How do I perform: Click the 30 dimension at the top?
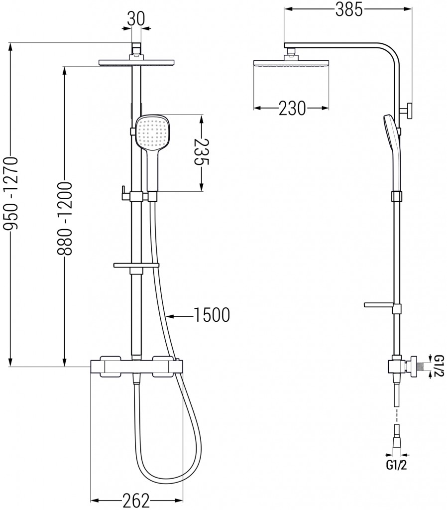[x=136, y=19]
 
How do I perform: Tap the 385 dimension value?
[x=348, y=9]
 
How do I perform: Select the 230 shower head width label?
[x=292, y=108]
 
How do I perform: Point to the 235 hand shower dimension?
[x=201, y=152]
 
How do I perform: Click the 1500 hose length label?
[x=212, y=315]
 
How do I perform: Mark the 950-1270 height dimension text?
[x=11, y=194]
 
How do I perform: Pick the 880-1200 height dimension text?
[x=64, y=218]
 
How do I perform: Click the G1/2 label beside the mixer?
[x=439, y=366]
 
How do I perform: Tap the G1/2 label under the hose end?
[x=396, y=465]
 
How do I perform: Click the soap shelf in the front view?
[x=136, y=265]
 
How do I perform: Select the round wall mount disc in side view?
[x=410, y=111]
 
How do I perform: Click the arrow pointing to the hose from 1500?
[x=180, y=315]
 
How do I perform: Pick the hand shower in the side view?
[x=393, y=153]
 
